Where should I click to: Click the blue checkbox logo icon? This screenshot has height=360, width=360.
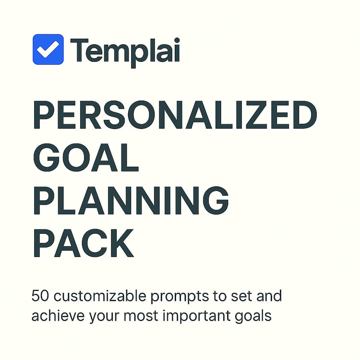pyautogui.click(x=48, y=49)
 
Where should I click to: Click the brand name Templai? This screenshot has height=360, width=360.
pyautogui.click(x=125, y=52)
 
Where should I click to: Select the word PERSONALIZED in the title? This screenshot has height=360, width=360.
pyautogui.click(x=175, y=115)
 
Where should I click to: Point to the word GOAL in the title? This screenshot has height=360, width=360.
pyautogui.click(x=86, y=157)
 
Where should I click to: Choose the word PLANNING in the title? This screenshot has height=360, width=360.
pyautogui.click(x=131, y=200)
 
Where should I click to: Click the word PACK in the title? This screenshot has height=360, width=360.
pyautogui.click(x=84, y=243)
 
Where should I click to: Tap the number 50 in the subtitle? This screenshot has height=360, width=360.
pyautogui.click(x=40, y=296)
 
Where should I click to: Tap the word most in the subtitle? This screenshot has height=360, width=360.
pyautogui.click(x=141, y=316)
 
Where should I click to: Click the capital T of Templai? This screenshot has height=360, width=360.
pyautogui.click(x=79, y=50)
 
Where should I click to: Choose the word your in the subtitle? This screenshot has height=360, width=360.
pyautogui.click(x=104, y=317)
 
